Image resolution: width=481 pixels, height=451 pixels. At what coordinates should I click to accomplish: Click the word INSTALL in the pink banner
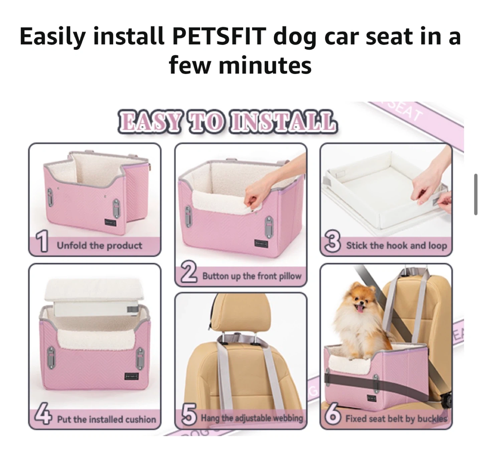coord(283,122)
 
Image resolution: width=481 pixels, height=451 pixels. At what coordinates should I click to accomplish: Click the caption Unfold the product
coord(100,246)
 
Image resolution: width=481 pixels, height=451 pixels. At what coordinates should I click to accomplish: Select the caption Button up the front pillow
coord(252,276)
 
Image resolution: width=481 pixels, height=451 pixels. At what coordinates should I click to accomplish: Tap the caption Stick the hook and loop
coord(396,246)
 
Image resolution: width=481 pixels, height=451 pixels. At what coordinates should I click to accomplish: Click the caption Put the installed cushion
coord(107,419)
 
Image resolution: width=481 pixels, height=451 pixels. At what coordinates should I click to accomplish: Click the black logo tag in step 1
coord(110,223)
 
